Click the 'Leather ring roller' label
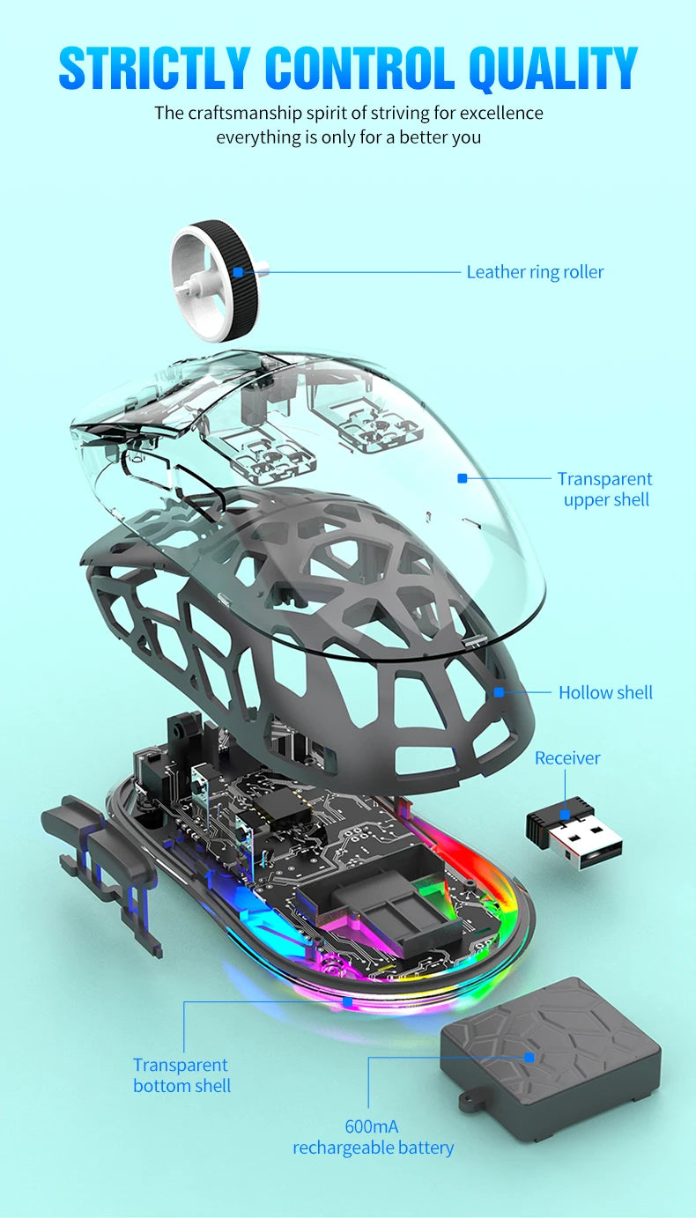point(535,272)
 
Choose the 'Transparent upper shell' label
point(605,490)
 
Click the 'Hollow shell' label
point(605,693)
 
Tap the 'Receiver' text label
point(567,758)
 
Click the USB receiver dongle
point(574,832)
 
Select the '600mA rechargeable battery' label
point(373,1137)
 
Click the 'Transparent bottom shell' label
point(181,1075)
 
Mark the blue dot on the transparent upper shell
point(462,479)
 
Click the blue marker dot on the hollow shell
point(499,692)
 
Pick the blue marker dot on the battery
point(529,1057)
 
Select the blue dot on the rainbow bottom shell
point(347,1002)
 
